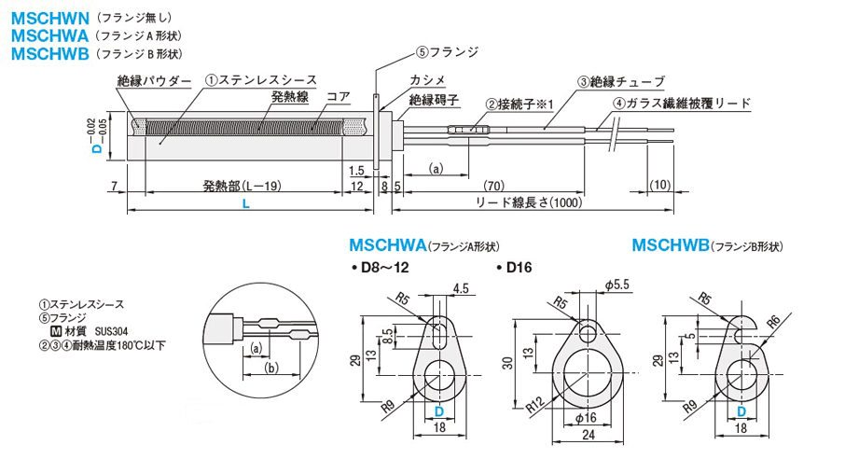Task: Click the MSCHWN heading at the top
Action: coord(48,17)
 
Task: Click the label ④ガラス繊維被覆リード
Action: coord(682,104)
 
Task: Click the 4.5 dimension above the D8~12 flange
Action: coord(460,289)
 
